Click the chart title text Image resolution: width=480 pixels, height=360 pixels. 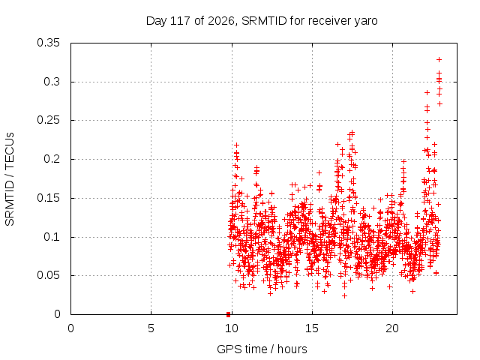[x=262, y=21]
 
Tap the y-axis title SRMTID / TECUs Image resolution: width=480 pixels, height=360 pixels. [x=10, y=179]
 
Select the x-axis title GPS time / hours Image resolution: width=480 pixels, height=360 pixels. [x=262, y=349]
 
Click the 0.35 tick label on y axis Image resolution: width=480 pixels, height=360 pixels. [x=48, y=43]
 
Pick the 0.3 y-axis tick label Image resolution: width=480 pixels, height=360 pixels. [x=52, y=82]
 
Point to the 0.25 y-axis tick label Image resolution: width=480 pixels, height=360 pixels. [x=48, y=120]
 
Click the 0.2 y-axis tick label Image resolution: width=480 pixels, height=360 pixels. [x=52, y=159]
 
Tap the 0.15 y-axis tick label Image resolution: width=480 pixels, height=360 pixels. [x=48, y=198]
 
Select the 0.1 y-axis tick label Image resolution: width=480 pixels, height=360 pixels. [x=52, y=237]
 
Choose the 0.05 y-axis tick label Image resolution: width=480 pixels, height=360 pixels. [x=48, y=275]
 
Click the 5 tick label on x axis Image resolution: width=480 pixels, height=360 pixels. [x=151, y=328]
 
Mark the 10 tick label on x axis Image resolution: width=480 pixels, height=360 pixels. [x=232, y=328]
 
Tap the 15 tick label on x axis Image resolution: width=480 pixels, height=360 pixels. [x=312, y=328]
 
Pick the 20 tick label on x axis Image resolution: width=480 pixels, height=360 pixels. [x=392, y=328]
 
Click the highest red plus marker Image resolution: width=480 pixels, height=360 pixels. [x=439, y=60]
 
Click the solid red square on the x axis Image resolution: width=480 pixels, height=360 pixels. [x=228, y=314]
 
